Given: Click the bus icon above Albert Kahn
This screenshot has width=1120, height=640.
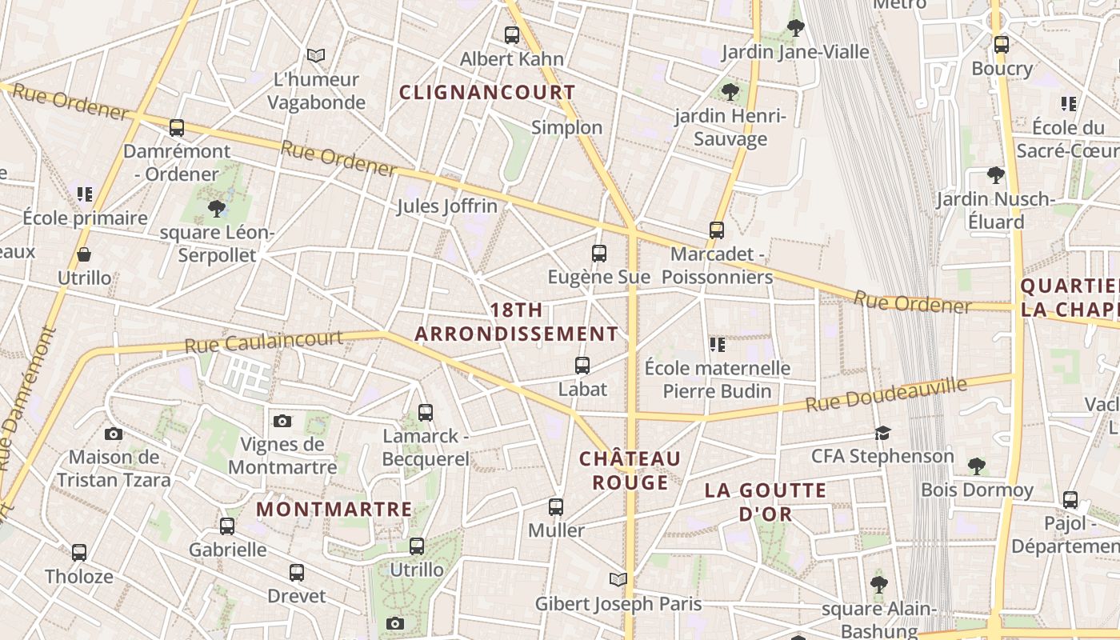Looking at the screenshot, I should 512,35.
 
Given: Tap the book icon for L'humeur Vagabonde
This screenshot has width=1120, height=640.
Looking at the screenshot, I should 316,55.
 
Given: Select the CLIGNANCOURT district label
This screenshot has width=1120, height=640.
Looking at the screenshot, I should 487,92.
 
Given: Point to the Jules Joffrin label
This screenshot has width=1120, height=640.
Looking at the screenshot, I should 447,206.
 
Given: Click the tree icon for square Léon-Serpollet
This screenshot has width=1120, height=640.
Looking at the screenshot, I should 216,209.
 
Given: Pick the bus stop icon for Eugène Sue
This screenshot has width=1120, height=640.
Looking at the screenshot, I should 599,254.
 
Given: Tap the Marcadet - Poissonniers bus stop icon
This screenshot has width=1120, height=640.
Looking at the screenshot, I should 717,230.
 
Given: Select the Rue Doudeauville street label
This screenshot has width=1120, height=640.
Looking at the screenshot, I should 886,394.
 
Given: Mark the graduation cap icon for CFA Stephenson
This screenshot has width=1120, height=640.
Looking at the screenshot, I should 882,433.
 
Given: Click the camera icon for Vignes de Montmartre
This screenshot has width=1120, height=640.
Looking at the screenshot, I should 282,421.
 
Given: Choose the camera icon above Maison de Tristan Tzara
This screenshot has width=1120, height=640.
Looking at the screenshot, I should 114,434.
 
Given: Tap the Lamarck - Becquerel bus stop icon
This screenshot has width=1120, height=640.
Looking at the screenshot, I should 426,413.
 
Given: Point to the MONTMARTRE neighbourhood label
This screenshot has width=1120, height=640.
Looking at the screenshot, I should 334,509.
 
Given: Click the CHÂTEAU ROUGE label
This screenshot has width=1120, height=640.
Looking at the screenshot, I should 630,470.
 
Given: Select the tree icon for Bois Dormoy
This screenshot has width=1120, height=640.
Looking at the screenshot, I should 976,466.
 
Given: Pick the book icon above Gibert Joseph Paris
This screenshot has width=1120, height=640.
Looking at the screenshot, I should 618,579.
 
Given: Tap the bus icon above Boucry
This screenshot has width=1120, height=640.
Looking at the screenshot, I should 1001,45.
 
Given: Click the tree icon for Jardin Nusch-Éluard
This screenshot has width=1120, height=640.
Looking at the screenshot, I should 995,174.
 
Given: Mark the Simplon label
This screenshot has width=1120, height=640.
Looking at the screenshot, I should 566,127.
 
